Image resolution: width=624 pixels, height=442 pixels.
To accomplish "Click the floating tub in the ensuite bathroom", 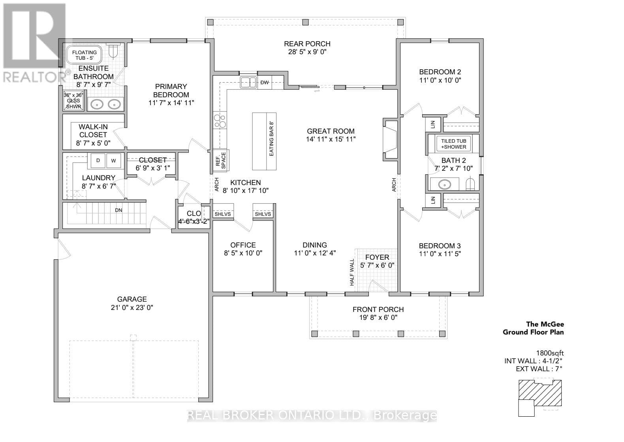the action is (x=84, y=55).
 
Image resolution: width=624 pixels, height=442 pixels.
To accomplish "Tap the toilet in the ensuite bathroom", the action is (x=113, y=50).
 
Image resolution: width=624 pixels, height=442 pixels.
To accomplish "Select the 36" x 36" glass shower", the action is (x=73, y=100).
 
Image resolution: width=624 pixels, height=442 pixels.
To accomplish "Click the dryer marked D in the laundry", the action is (x=98, y=161).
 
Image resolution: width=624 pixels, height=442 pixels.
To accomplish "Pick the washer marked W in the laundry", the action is (x=114, y=161).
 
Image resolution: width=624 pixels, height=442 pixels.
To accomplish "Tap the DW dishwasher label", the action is (x=264, y=83).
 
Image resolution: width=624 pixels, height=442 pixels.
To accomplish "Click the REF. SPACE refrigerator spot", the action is (x=221, y=161).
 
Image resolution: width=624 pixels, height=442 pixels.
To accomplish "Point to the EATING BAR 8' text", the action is (x=271, y=139).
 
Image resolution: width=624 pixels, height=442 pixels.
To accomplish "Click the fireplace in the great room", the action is (x=390, y=140).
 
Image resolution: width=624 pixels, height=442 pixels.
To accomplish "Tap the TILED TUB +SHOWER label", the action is (x=453, y=144).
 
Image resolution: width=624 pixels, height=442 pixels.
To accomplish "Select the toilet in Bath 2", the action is (x=470, y=184).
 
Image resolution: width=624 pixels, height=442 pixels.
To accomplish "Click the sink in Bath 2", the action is (x=445, y=184).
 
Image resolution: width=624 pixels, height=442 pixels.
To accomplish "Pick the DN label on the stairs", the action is (x=118, y=210).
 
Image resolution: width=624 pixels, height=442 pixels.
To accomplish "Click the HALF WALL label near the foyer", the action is (x=352, y=272).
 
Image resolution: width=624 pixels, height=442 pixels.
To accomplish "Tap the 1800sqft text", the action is (x=550, y=353).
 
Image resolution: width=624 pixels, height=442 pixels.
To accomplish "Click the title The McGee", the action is (x=545, y=324).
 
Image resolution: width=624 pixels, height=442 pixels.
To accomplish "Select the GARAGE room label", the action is (x=132, y=299).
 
